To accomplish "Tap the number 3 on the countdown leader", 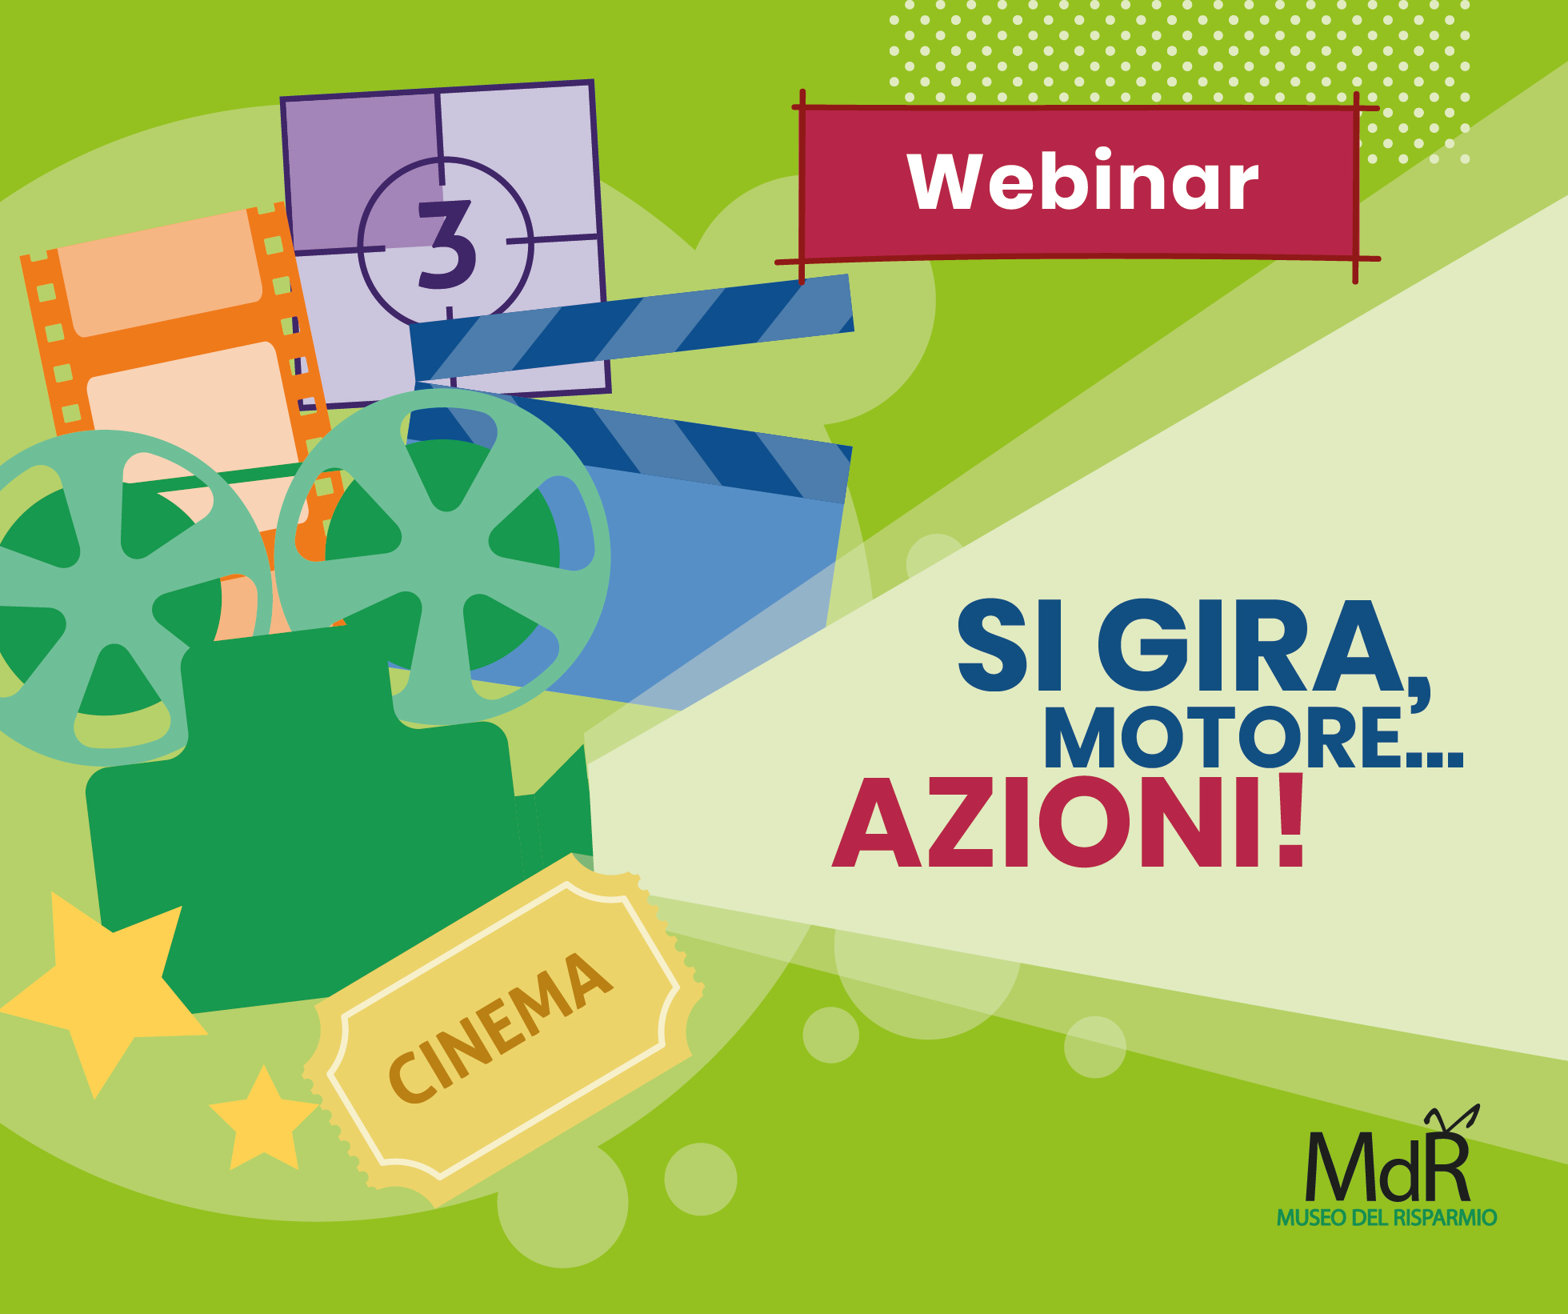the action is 446,244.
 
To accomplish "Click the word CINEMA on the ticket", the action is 500,1027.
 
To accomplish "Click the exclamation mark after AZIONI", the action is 1290,819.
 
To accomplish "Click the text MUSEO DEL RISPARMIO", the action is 1386,1218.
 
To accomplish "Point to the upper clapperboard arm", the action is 632,327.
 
